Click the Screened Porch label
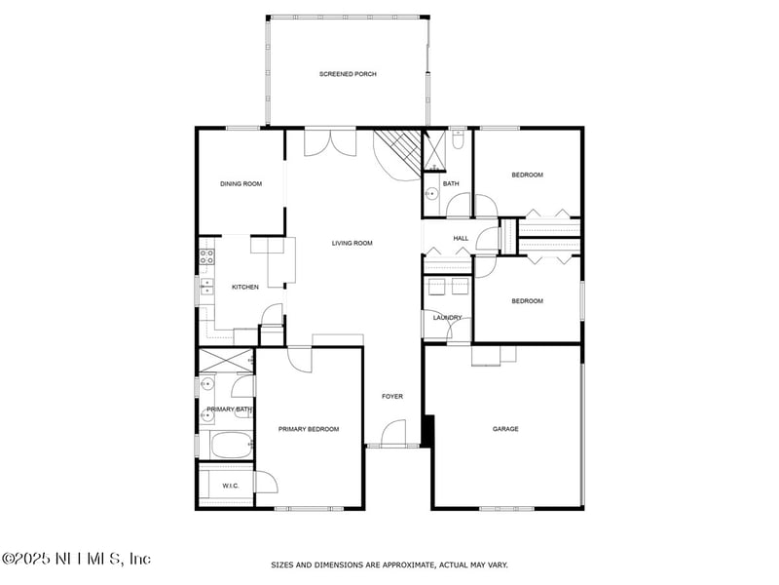(348, 74)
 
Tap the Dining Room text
(241, 183)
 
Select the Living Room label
(352, 243)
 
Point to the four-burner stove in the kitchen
(206, 258)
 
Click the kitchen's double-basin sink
(205, 286)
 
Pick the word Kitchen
(244, 287)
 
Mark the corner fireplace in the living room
(398, 153)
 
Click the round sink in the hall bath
(431, 194)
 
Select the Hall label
(461, 238)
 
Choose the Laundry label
(448, 317)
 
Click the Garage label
(505, 429)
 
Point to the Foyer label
(391, 396)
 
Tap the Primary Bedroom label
(309, 429)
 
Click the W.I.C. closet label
(231, 485)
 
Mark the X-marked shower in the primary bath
(226, 360)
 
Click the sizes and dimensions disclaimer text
(389, 565)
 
